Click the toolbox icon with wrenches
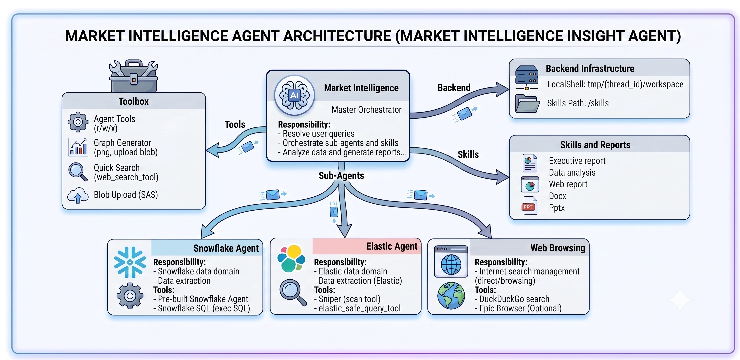point(133,76)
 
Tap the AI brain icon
point(294,95)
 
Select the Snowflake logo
point(130,262)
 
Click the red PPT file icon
point(529,206)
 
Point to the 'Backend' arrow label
point(454,88)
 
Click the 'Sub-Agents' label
point(341,175)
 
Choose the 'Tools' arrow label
point(235,124)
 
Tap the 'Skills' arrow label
point(468,154)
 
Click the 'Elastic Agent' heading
point(392,246)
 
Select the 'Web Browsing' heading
point(558,248)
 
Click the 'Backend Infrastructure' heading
point(590,69)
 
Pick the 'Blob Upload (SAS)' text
point(126,195)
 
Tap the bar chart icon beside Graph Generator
point(78,147)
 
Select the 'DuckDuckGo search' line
point(512,299)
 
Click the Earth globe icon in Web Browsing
point(451,296)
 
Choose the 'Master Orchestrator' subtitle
point(366,110)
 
